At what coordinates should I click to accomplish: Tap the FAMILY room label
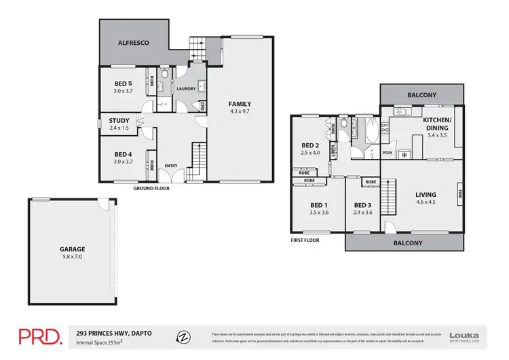[240, 103]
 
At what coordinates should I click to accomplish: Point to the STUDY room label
[119, 121]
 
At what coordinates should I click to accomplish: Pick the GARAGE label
[71, 249]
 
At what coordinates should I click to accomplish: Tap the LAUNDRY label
[186, 89]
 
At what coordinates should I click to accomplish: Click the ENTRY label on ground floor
[171, 165]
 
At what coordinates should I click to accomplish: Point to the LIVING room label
[426, 195]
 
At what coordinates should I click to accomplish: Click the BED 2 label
[310, 145]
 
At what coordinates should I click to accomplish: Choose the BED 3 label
[363, 205]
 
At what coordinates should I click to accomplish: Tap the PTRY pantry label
[388, 153]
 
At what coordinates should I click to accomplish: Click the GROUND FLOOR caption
[151, 188]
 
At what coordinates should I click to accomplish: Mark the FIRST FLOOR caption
[305, 240]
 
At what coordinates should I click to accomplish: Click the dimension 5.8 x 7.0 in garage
[71, 257]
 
